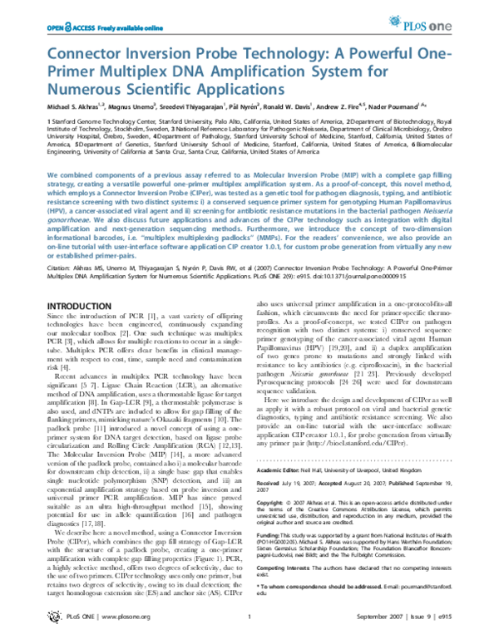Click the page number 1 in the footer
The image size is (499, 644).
[x=249, y=631]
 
